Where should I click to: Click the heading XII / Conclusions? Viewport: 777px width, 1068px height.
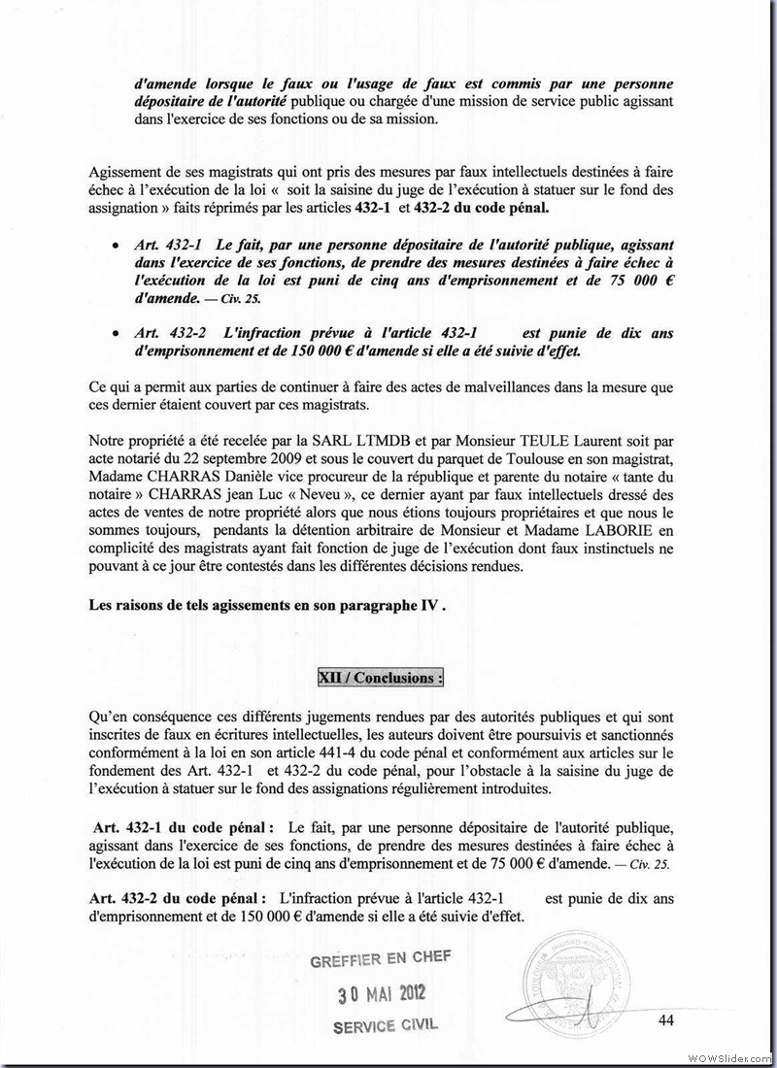pyautogui.click(x=380, y=678)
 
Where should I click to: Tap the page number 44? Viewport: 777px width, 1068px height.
pyautogui.click(x=666, y=1018)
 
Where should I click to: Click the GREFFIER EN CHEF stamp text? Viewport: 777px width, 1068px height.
pyautogui.click(x=380, y=961)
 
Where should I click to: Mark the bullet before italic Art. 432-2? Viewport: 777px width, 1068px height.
pyautogui.click(x=117, y=334)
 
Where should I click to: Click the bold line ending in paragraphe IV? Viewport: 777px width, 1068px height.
pyautogui.click(x=267, y=604)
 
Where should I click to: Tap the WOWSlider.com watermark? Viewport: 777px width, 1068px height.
pyautogui.click(x=728, y=1056)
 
